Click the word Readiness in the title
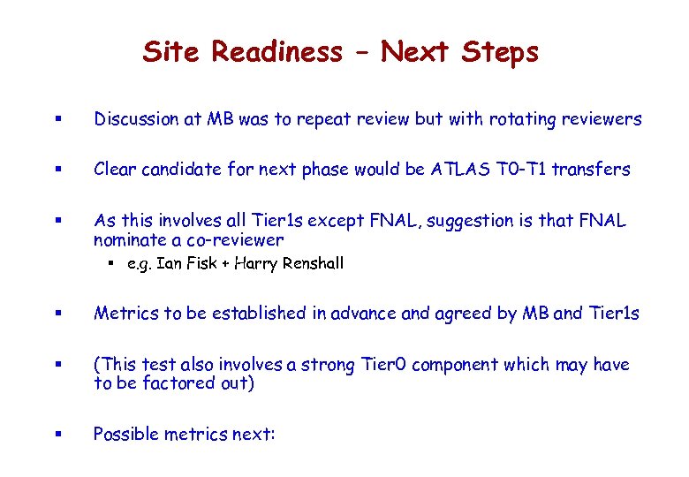tap(276, 52)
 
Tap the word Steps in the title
tap(499, 52)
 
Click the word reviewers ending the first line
tap(600, 119)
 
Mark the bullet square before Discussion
tap(56, 120)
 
